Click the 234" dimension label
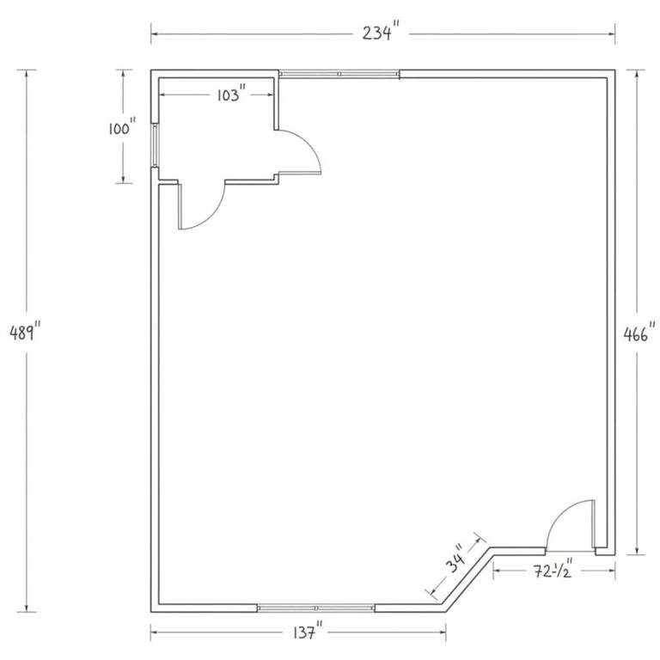click(381, 33)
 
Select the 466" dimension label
click(639, 334)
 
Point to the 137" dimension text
click(309, 632)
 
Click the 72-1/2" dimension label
click(553, 571)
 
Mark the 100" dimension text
click(123, 127)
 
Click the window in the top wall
click(339, 74)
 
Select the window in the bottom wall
click(315, 608)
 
